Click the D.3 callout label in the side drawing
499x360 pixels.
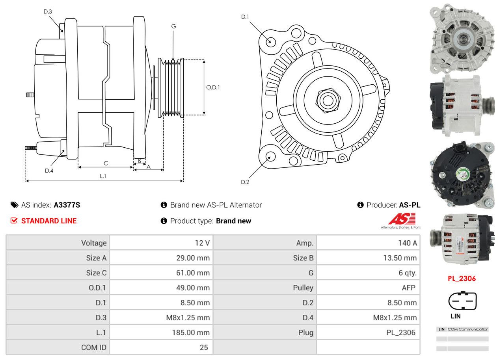click(48, 11)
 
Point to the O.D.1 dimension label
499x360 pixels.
click(213, 87)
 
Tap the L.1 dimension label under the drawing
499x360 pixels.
click(103, 176)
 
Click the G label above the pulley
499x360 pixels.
click(173, 26)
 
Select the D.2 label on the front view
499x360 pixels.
click(245, 182)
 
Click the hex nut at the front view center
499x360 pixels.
click(327, 100)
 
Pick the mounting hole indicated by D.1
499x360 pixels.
click(270, 41)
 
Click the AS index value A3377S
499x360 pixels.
click(67, 205)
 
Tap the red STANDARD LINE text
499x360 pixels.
click(49, 221)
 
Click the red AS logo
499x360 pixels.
click(402, 219)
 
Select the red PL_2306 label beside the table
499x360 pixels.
click(462, 278)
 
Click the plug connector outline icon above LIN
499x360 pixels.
click(462, 301)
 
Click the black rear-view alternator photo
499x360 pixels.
click(462, 174)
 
